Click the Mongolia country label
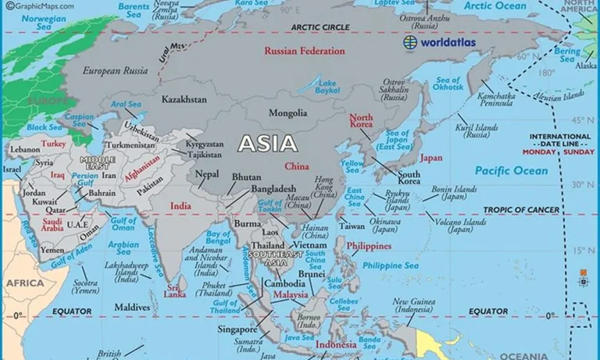pos(287,113)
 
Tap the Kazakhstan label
pos(184,100)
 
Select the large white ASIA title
pos(267,144)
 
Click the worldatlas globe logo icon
pos(410,42)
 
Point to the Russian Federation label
pos(304,52)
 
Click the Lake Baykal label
pos(327,87)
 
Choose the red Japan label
pos(431,157)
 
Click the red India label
pos(180,205)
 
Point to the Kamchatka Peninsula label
pos(500,98)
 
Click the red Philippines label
pos(369,246)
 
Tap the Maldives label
pos(132,307)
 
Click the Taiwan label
pos(351,226)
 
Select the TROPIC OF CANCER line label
pos(521,210)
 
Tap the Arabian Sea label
pos(123,248)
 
